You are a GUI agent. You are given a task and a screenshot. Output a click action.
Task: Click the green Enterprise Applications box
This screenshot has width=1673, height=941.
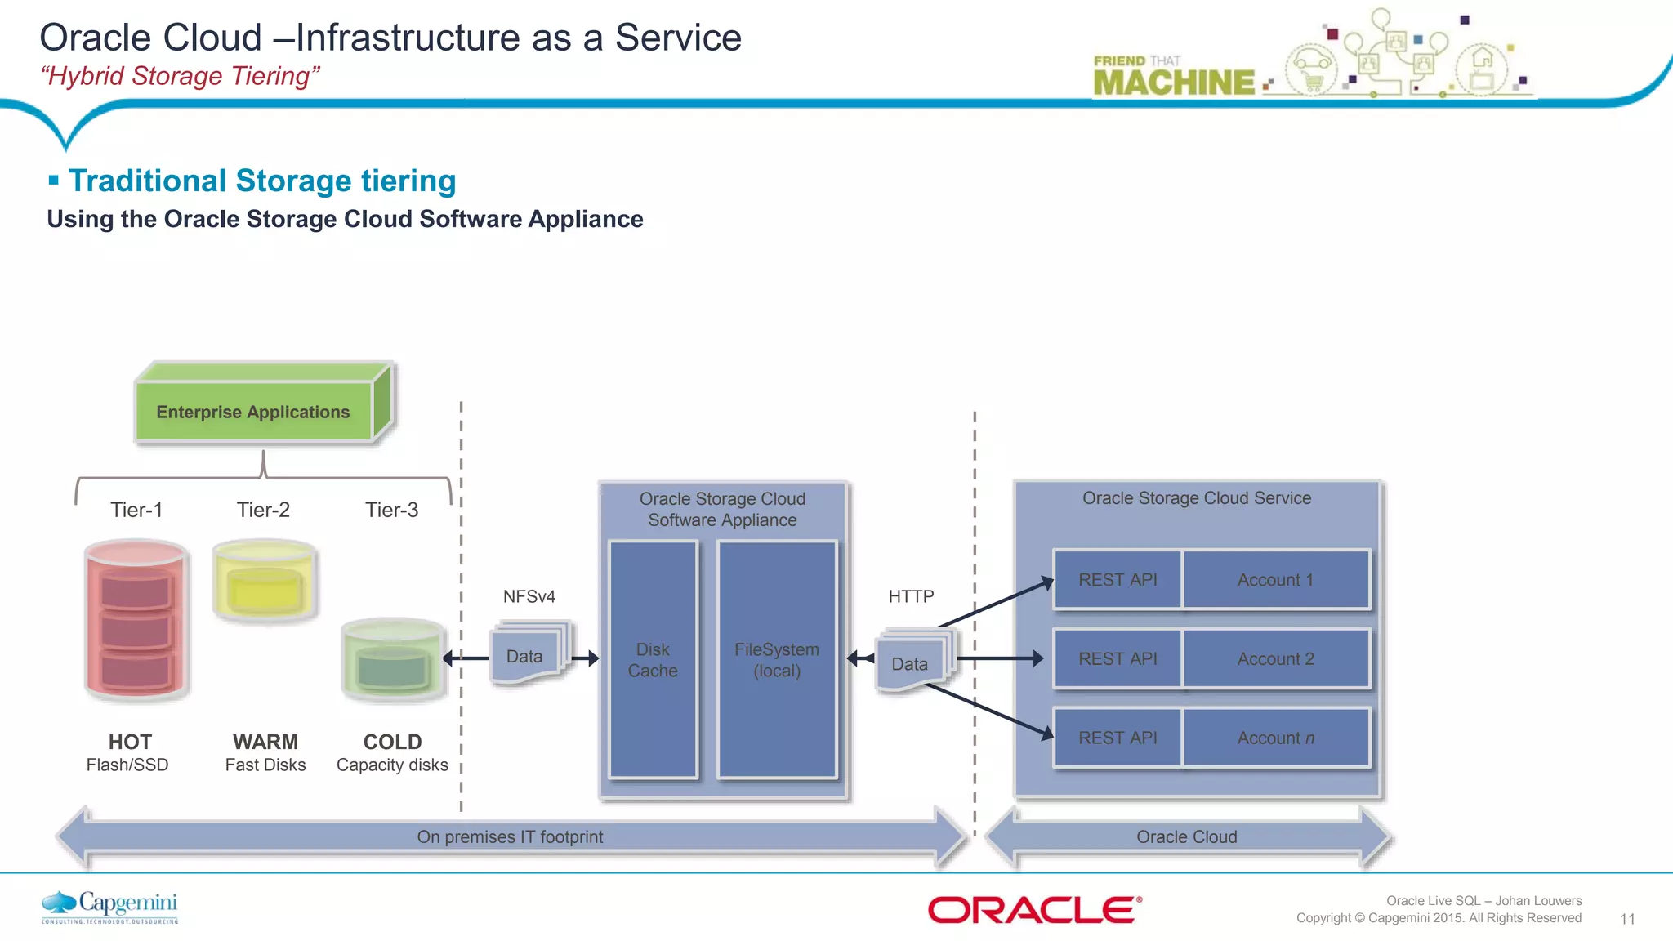point(253,411)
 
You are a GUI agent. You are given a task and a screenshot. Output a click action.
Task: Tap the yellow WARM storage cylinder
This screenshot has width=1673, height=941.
point(264,581)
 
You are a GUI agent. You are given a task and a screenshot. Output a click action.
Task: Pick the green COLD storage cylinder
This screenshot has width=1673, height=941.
point(393,660)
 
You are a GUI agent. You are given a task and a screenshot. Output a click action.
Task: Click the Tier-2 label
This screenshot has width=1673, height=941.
point(263,510)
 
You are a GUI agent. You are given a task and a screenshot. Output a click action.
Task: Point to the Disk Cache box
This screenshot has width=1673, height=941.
point(653,659)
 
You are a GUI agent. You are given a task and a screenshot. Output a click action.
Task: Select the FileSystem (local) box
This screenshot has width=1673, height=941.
point(776,659)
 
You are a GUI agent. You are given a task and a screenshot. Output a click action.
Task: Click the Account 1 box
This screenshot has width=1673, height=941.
point(1275,580)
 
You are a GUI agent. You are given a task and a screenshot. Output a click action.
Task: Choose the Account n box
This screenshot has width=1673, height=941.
point(1275,738)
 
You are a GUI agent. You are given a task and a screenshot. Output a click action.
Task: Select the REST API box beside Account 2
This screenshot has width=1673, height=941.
point(1118,658)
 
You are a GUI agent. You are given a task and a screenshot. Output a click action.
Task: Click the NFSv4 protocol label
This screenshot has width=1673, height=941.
point(529,596)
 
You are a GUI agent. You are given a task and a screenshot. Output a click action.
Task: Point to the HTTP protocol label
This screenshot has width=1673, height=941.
point(911,596)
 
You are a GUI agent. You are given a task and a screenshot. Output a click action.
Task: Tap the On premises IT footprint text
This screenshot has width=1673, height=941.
point(510,836)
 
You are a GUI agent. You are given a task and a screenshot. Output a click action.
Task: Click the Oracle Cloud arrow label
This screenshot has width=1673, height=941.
point(1186,836)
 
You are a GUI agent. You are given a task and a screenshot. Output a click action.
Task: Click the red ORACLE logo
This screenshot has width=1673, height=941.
point(1034,909)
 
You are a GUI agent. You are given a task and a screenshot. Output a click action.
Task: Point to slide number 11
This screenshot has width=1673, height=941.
point(1627,919)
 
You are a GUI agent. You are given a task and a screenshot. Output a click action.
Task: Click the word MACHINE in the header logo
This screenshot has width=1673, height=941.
point(1173,83)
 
